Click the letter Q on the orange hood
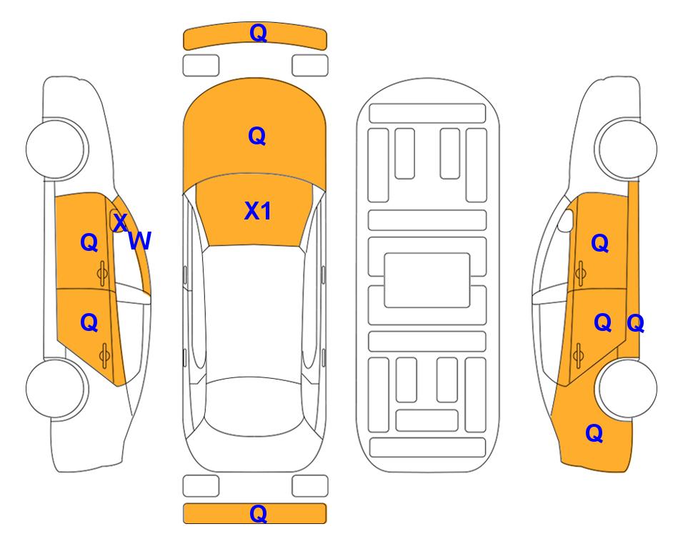pos(257,136)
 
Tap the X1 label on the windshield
pos(258,211)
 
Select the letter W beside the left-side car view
pos(140,241)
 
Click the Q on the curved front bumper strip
pos(259,33)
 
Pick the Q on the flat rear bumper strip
pos(259,513)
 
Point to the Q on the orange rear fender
pos(594,433)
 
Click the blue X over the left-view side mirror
pos(120,222)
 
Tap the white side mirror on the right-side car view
pos(566,220)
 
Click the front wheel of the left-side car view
pos(56,149)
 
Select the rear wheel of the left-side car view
pos(56,388)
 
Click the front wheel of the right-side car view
pos(626,149)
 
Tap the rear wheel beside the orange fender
pos(626,388)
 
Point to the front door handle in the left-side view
pos(102,274)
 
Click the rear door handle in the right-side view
pos(579,355)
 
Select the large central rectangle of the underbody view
pos(427,280)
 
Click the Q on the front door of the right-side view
pos(600,243)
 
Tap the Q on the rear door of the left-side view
pos(89,323)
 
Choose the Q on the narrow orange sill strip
pos(636,324)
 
